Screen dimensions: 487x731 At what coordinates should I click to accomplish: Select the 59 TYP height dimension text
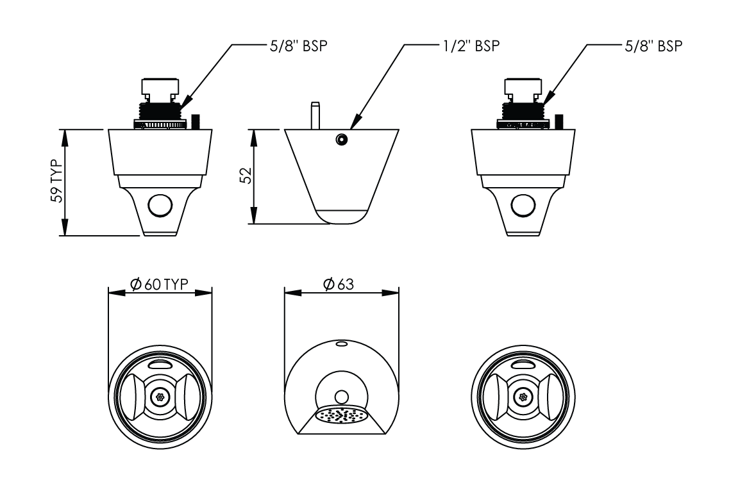point(58,181)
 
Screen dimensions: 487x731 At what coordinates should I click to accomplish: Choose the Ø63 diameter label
point(339,285)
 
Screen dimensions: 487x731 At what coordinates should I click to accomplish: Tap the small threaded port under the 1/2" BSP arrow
point(340,139)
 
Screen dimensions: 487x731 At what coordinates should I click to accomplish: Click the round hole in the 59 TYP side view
point(160,206)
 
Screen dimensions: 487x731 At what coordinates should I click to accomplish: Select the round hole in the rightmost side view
point(523,206)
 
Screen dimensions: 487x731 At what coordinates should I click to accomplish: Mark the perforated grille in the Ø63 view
point(342,415)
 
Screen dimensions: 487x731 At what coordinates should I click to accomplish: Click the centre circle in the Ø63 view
point(342,396)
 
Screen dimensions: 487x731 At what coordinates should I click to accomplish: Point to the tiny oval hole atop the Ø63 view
point(342,344)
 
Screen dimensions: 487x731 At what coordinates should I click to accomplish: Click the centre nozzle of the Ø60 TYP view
point(160,397)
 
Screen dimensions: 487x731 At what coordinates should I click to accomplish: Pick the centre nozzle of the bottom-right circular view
point(523,397)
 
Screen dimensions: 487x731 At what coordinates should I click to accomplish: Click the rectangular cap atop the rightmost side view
point(523,86)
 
